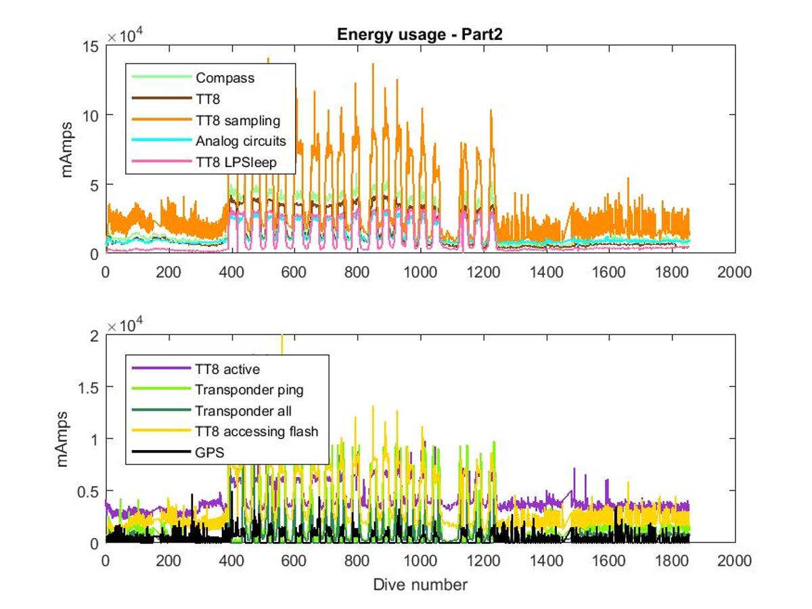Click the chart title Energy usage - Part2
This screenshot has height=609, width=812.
click(420, 35)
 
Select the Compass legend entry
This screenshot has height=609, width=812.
click(225, 78)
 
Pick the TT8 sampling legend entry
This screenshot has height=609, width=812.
click(238, 121)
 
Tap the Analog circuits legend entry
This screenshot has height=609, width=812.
click(240, 142)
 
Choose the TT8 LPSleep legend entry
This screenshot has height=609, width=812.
click(235, 163)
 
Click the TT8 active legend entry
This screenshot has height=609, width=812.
click(227, 369)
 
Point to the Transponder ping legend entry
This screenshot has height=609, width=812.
click(249, 390)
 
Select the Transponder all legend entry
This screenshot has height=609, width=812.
click(244, 411)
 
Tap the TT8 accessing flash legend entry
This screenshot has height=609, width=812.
click(256, 432)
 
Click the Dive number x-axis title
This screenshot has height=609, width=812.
click(420, 584)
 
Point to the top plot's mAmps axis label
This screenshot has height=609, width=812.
click(68, 150)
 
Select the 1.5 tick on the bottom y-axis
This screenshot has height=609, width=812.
click(87, 387)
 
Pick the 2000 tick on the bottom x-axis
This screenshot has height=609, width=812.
click(735, 561)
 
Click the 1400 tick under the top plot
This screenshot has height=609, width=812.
click(546, 272)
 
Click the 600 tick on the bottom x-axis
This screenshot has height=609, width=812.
click(294, 561)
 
